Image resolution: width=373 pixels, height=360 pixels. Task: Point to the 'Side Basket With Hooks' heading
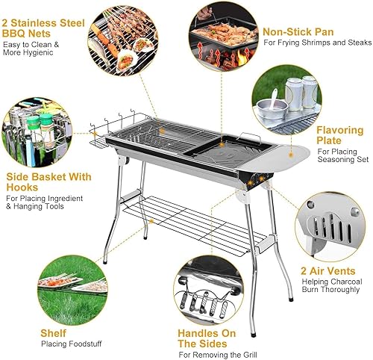(x=49, y=183)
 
